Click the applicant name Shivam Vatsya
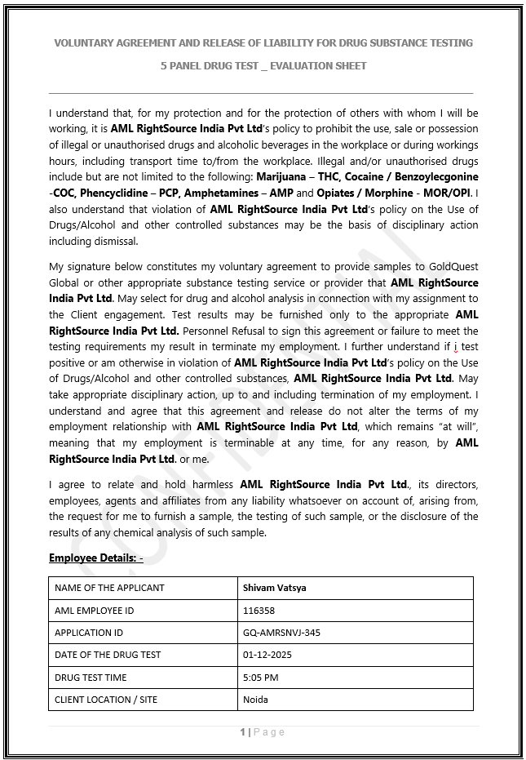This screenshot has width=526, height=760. [275, 588]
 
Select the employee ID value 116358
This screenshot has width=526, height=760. [259, 610]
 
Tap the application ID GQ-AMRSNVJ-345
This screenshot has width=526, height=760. [281, 633]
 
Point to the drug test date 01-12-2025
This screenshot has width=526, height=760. [267, 655]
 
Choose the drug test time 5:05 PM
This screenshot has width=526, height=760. [260, 677]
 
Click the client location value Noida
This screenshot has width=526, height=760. [255, 700]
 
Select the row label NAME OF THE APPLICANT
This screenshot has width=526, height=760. [109, 588]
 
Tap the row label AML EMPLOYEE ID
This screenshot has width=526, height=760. [94, 610]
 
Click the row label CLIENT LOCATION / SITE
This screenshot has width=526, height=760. [106, 700]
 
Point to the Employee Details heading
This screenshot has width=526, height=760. [95, 558]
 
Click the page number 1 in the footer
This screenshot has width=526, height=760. [243, 732]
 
